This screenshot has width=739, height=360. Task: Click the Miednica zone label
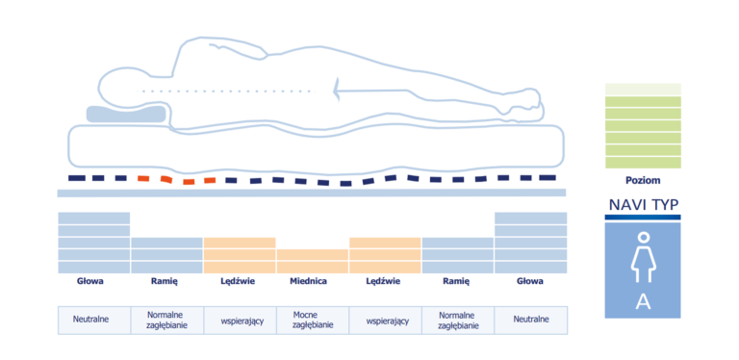point(308,281)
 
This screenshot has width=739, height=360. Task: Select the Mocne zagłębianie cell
point(313,321)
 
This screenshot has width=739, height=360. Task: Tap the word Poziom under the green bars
point(643,180)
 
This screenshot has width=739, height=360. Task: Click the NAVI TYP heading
point(643,205)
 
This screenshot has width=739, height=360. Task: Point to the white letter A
point(643,302)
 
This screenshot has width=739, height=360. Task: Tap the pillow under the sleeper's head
point(126,115)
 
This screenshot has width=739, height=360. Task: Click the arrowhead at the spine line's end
point(337,90)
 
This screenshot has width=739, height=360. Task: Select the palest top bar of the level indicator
point(643,89)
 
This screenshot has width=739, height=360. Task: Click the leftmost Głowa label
point(90,281)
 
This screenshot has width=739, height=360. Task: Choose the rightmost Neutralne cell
point(531,321)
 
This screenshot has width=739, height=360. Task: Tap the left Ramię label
point(164,281)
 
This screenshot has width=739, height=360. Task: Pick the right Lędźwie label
point(383,281)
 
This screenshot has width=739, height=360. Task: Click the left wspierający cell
point(240,321)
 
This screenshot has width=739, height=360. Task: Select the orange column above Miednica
point(313,261)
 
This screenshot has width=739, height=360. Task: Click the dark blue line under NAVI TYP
point(643,218)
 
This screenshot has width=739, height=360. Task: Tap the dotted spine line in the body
point(226,90)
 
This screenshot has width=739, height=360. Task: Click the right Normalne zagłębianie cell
point(458,321)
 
